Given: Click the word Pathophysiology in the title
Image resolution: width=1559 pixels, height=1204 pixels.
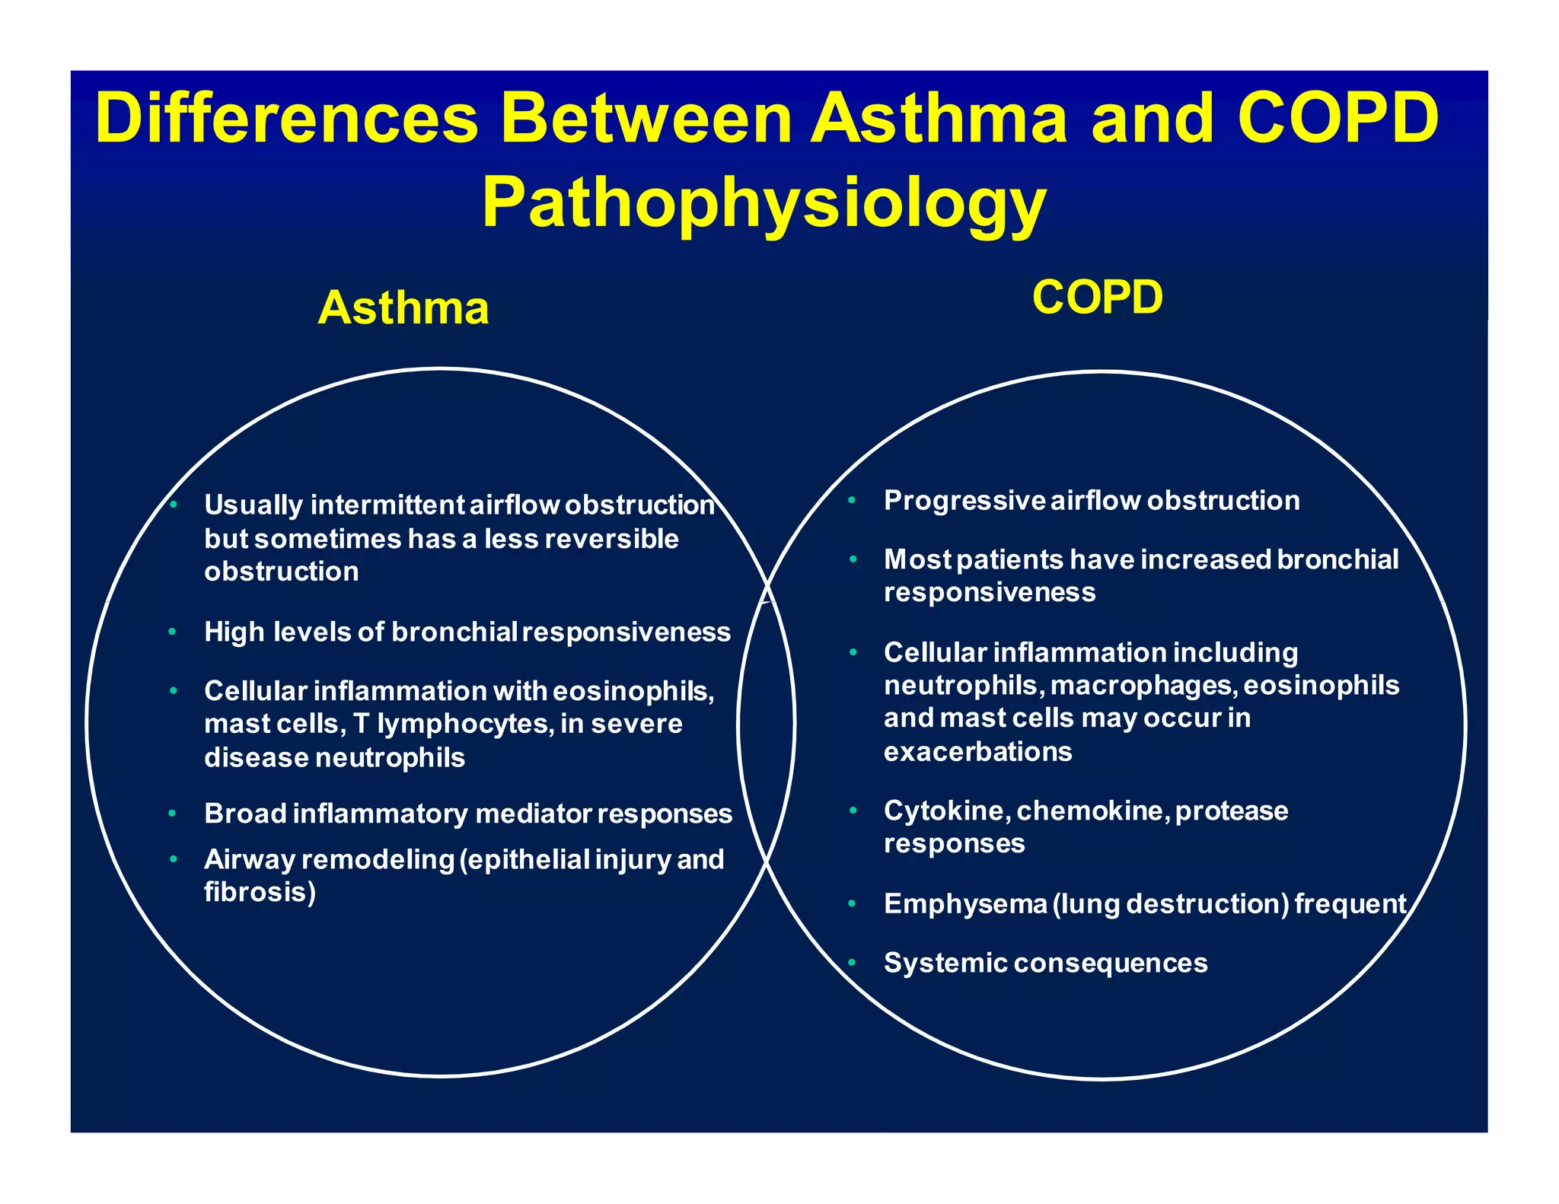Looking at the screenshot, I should pyautogui.click(x=764, y=203).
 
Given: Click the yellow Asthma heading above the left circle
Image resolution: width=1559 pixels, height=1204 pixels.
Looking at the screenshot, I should pyautogui.click(x=403, y=308).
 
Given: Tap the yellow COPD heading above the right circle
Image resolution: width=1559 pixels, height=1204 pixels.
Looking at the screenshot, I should pyautogui.click(x=1097, y=297).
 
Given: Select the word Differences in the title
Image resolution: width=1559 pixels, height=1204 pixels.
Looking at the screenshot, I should pyautogui.click(x=286, y=119).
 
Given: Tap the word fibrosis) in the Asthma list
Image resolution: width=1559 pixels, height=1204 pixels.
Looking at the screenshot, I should pyautogui.click(x=260, y=892).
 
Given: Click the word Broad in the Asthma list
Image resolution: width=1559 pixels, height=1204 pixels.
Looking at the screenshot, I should pyautogui.click(x=244, y=814).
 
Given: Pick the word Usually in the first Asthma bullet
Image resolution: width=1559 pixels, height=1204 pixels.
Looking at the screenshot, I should pyautogui.click(x=253, y=505).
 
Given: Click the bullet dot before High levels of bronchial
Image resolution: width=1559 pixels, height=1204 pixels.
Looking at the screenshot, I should pyautogui.click(x=173, y=632).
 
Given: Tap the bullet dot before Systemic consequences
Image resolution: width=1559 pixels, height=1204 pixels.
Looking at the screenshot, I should pyautogui.click(x=853, y=964).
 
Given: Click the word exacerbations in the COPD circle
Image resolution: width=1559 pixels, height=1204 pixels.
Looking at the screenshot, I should pyautogui.click(x=977, y=752).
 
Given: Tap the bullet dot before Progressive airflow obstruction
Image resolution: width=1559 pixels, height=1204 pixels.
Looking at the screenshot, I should pyautogui.click(x=853, y=501).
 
